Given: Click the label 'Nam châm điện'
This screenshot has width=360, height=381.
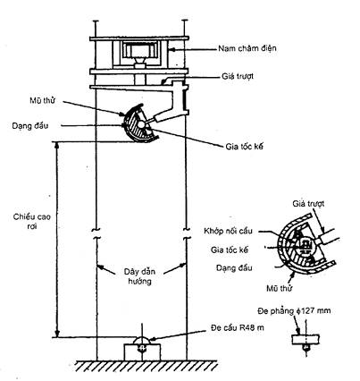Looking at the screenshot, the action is tap(247, 48).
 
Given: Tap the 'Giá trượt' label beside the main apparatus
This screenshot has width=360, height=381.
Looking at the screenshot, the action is tap(238, 76).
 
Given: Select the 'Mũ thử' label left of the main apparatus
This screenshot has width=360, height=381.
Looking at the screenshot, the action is tap(42, 100).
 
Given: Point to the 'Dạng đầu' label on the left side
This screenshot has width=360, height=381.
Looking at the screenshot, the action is tap(30, 126).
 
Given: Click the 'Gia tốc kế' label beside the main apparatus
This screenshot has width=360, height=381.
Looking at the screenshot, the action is tap(245, 147).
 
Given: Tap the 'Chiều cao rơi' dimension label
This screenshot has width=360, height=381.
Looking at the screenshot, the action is tap(32, 221).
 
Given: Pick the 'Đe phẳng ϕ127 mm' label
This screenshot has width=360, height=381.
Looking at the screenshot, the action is tap(294, 311).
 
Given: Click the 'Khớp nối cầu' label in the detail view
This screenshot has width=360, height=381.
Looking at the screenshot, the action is tap(229, 231).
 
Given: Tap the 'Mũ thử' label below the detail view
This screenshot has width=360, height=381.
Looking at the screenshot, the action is tap(280, 288).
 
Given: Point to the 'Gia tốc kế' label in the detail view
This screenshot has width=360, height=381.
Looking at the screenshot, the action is tap(230, 250).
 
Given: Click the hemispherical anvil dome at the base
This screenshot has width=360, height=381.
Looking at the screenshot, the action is tap(142, 340).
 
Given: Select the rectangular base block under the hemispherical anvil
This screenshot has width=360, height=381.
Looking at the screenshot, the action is tap(142, 352).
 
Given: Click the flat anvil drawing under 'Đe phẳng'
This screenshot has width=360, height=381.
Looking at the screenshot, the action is tap(306, 340).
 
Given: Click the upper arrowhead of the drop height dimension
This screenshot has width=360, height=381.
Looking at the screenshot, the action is tap(57, 146).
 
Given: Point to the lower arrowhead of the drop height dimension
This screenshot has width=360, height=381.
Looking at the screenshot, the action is tap(57, 333).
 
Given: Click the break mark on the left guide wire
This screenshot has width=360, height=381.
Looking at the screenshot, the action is tap(96, 233).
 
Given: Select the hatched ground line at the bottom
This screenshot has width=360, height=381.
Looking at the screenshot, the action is tap(146, 366).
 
